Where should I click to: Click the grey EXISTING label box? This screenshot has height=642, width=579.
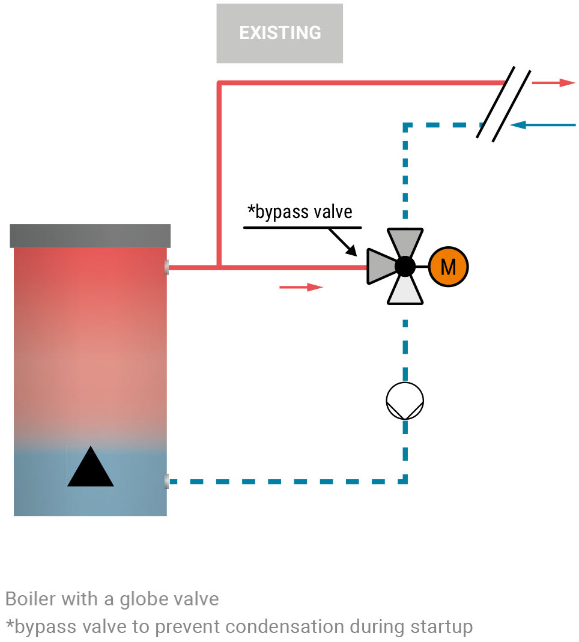[x=279, y=33]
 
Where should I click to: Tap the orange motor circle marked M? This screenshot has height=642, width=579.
[x=448, y=266]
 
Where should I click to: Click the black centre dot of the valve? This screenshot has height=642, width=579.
[x=405, y=266]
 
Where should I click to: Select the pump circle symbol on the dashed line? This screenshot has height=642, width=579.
[x=405, y=401]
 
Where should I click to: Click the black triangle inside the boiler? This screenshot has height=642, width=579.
[x=90, y=468]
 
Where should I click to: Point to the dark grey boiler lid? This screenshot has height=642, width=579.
[x=90, y=235]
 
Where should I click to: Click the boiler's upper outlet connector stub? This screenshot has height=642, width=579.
[x=166, y=267]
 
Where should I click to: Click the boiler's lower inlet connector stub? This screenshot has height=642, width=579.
[x=166, y=480]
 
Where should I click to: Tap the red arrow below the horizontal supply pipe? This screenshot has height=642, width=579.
[x=301, y=287]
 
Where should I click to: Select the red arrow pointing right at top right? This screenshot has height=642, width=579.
[x=553, y=83]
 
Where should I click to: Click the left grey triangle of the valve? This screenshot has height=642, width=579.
[x=381, y=266]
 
